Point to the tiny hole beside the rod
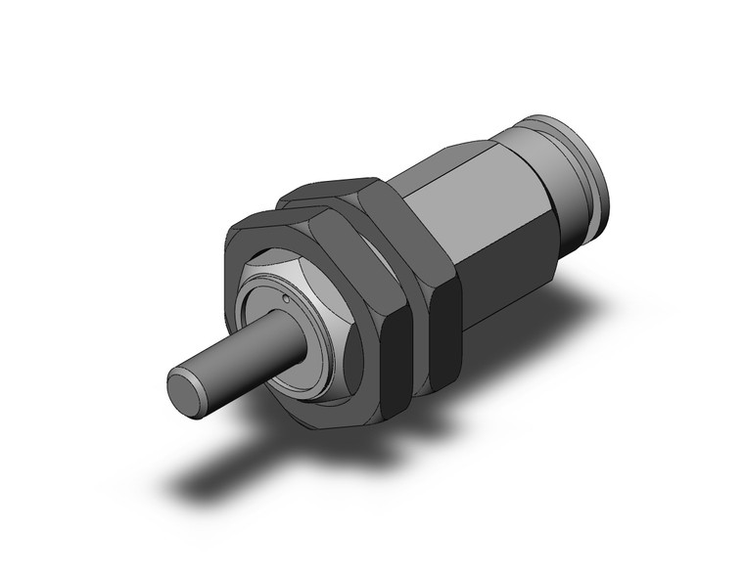point(285,298)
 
